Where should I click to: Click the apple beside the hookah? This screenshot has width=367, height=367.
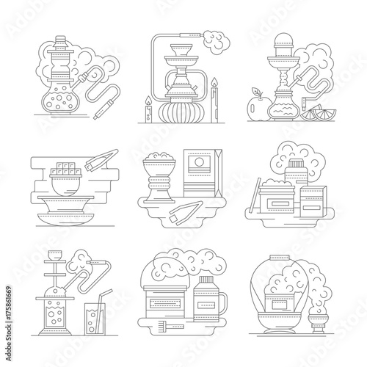pos(259,109)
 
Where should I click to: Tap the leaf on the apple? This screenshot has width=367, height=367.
pos(256,91)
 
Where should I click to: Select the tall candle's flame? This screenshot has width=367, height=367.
pos(214,82)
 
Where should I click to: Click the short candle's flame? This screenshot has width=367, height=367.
pos(148,101)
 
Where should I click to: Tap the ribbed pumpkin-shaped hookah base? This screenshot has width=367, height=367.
pos(181,112)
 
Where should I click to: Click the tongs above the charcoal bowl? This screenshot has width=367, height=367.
pos(101,159)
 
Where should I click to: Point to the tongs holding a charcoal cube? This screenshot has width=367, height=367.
pos(186,212)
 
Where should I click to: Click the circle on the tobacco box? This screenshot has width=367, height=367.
pos(199,161)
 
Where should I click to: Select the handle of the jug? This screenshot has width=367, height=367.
pos(223,304)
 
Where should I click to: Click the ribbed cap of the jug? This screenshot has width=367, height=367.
pos(207,280)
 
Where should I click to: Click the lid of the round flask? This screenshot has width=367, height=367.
pos(280,258)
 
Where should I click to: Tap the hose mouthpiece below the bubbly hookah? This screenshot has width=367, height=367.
pos(103,110)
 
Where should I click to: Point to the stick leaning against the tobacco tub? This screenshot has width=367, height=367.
pos(255,194)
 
